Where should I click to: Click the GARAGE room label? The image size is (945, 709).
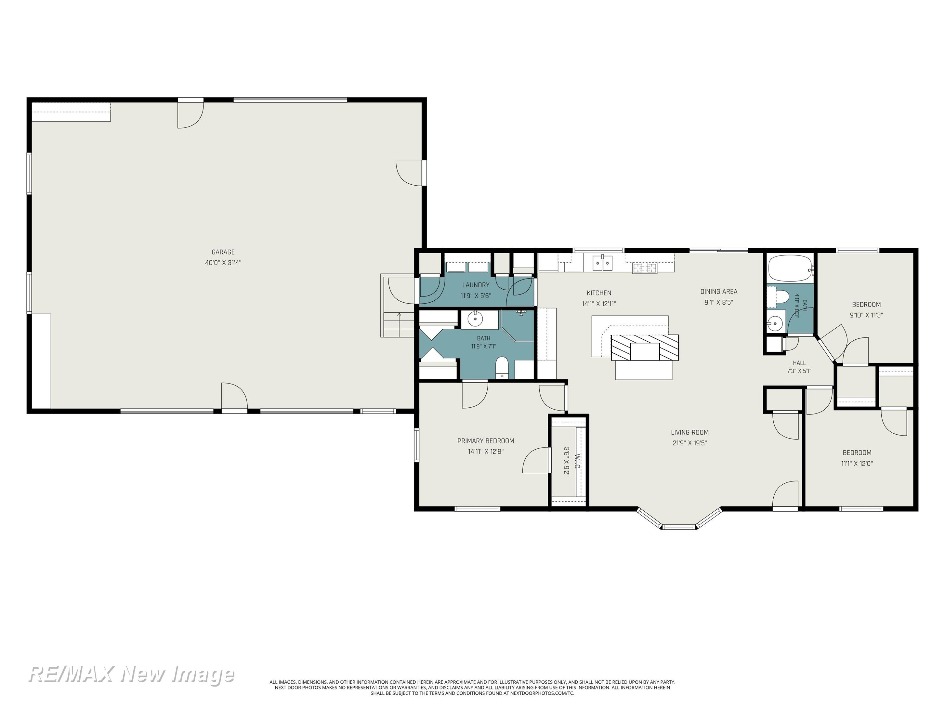[x=223, y=252]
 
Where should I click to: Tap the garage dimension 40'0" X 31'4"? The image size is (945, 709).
[x=223, y=263]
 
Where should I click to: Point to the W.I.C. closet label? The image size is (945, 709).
[x=577, y=462]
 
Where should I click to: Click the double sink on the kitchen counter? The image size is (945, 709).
[x=602, y=263]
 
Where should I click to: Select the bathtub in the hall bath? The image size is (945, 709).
[x=790, y=268]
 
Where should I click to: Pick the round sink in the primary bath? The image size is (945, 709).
[x=475, y=319]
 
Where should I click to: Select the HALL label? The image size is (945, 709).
[x=799, y=363]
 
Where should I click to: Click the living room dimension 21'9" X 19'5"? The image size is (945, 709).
[x=690, y=443]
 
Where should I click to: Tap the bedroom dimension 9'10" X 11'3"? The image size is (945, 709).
[x=866, y=315]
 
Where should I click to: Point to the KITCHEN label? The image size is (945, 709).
[x=599, y=293]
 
